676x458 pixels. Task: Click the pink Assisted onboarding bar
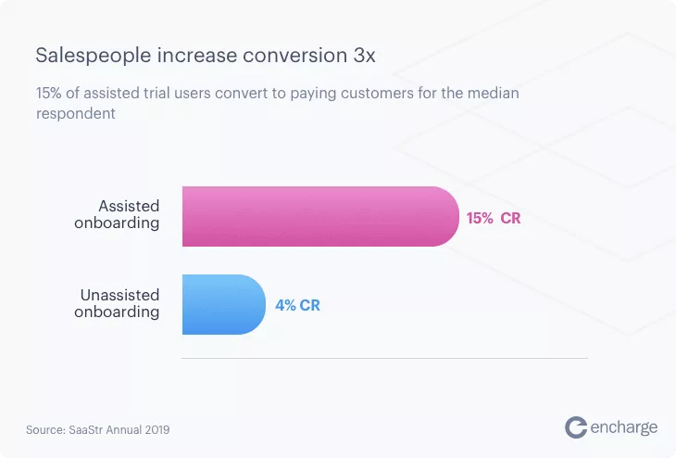(320, 216)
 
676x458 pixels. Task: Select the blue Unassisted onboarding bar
(224, 304)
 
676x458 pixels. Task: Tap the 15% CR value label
(494, 218)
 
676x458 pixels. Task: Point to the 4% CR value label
(297, 305)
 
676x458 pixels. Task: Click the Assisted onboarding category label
(117, 214)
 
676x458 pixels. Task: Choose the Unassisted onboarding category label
(117, 303)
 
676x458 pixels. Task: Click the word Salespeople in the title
(94, 57)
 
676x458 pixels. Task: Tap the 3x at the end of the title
(364, 56)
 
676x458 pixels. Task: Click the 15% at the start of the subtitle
(49, 93)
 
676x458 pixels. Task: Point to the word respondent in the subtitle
(76, 114)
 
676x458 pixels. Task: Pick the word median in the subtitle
(494, 93)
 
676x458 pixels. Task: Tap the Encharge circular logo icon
(576, 427)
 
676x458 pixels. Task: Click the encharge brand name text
(624, 427)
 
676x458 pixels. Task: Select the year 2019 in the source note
(157, 430)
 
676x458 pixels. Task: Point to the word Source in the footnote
(45, 430)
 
